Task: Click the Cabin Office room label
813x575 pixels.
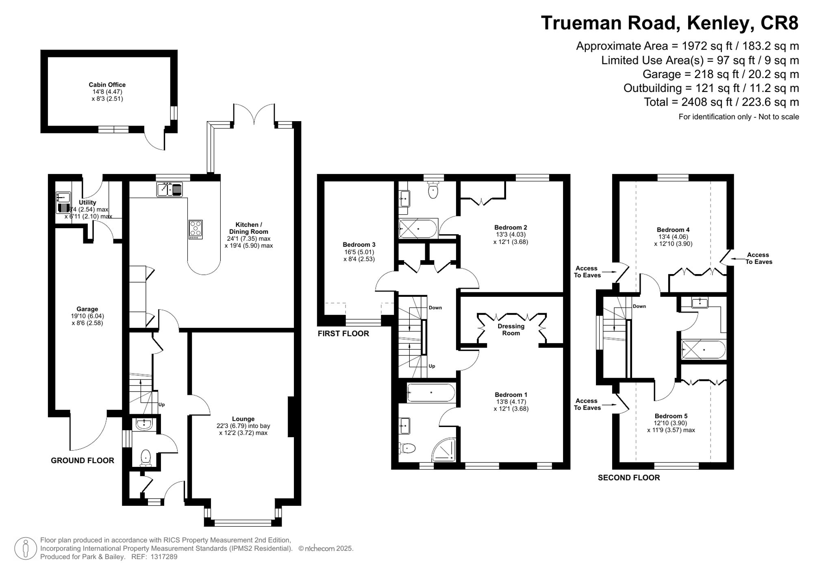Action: coord(107,85)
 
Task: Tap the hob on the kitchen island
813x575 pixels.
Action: coord(196,229)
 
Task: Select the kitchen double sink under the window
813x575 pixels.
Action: coord(170,189)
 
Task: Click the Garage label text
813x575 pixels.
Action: coord(87,309)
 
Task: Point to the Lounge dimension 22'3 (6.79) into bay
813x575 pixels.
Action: coord(243,426)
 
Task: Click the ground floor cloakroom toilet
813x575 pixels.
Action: coord(146,457)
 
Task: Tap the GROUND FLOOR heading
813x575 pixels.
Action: coord(82,460)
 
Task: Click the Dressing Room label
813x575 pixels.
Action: coord(511,329)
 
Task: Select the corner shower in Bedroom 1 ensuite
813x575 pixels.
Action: coord(444,450)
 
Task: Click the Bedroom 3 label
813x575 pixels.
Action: coord(359,244)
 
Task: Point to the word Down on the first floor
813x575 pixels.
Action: coord(435,307)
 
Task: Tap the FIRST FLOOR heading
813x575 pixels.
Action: coord(343,333)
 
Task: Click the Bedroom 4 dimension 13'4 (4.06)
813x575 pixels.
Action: coord(673,237)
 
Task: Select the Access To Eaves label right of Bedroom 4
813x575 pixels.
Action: coord(758,258)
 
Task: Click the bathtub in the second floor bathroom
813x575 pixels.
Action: coord(703,349)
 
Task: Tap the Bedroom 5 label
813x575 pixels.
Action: coord(671,416)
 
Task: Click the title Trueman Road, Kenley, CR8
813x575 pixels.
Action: coord(670,23)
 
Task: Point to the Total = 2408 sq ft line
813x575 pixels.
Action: coord(721,102)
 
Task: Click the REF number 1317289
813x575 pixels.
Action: coord(164,557)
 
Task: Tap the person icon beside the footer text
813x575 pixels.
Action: coord(26,548)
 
